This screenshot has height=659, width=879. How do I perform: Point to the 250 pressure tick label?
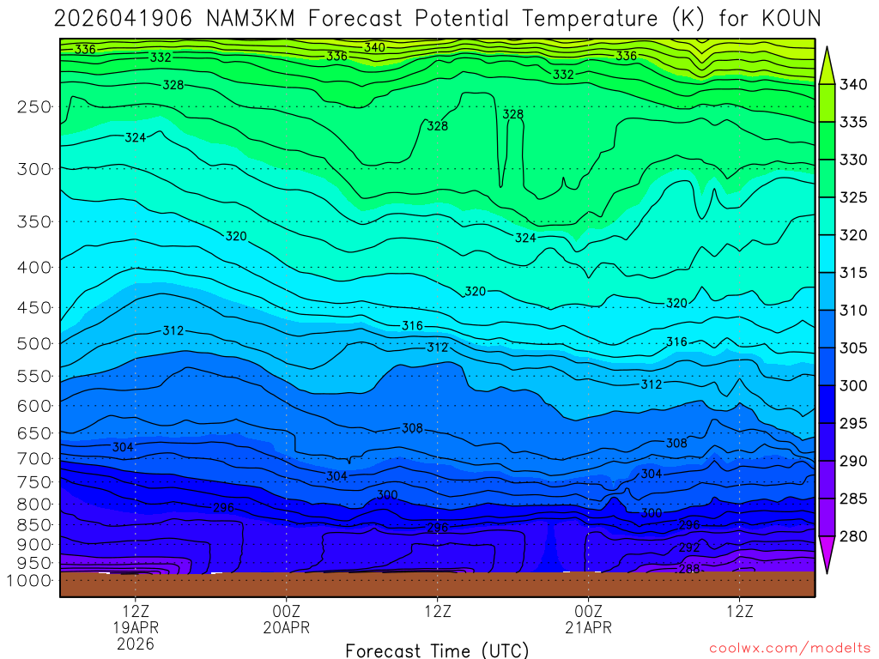click(34, 107)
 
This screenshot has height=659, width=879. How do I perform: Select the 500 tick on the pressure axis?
click(34, 344)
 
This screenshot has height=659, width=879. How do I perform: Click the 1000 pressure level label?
click(30, 581)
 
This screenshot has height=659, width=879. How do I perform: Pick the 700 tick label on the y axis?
click(34, 459)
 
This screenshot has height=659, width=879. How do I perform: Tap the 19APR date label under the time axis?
click(137, 627)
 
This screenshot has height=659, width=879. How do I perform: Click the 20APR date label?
click(286, 627)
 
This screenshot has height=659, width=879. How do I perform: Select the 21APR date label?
click(588, 627)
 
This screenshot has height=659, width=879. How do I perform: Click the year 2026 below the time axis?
click(137, 644)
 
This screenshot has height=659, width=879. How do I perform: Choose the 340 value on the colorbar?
click(853, 84)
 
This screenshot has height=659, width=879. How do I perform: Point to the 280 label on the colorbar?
click(853, 536)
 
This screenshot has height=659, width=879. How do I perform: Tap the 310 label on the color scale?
click(853, 311)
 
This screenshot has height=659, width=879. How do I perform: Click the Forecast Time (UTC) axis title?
click(437, 650)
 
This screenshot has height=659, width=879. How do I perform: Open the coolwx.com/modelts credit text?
click(789, 648)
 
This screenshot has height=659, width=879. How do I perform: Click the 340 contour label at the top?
click(374, 47)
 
